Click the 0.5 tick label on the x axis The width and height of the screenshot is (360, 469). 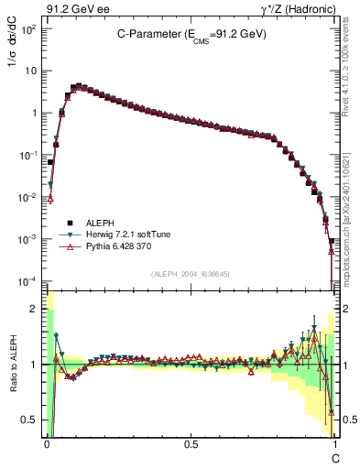click(191, 442)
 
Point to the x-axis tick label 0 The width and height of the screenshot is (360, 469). click(47, 442)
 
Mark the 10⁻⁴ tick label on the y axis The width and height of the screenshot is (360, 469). click(28, 280)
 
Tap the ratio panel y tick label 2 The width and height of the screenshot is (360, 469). click(37, 309)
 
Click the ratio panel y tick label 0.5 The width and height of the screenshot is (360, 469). click(32, 420)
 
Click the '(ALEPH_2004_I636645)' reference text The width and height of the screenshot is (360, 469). click(191, 274)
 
